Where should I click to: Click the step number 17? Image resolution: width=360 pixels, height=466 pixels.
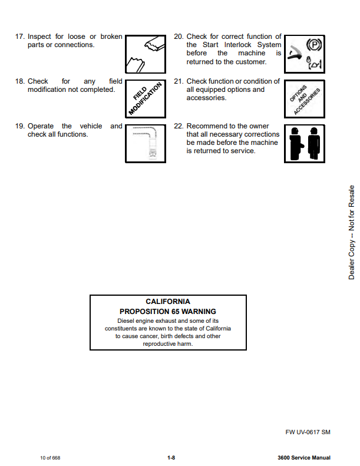click(x=20, y=37)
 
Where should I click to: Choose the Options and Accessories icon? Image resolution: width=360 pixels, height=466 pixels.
click(x=304, y=98)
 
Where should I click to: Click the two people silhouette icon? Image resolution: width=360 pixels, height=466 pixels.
click(x=304, y=143)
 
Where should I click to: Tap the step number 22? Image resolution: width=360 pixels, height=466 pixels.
click(x=179, y=126)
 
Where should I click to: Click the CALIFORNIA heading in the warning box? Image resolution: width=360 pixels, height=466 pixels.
click(x=168, y=302)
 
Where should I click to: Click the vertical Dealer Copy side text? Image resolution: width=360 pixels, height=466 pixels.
click(x=351, y=233)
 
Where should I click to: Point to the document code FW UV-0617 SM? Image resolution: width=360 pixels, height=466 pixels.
click(x=308, y=432)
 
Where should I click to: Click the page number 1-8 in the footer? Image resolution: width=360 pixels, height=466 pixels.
click(x=171, y=458)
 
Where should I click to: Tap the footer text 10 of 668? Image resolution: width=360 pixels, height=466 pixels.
click(x=50, y=458)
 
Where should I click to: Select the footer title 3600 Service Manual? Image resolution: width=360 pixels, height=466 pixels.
click(x=303, y=458)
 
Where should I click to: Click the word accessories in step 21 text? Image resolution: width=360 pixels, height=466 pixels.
click(x=206, y=98)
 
